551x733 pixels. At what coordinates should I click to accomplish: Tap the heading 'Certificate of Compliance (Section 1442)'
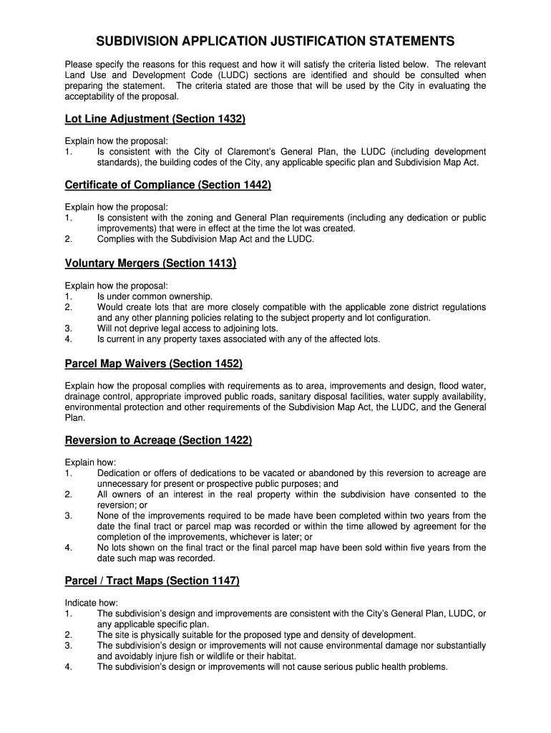[168, 185]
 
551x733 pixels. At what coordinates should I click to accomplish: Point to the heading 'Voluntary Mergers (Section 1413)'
[150, 263]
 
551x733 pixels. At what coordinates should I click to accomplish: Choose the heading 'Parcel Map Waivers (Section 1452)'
[154, 364]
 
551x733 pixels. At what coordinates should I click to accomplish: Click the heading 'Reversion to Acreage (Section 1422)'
[158, 440]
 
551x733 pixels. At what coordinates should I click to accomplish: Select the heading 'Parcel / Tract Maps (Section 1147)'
[152, 581]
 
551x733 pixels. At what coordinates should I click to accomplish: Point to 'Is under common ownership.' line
[155, 296]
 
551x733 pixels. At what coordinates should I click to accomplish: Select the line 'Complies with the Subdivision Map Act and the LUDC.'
[205, 239]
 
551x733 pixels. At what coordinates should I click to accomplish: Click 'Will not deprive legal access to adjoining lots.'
[187, 329]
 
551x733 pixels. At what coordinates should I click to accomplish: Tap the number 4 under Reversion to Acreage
[68, 548]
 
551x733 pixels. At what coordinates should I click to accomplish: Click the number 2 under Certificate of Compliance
[68, 239]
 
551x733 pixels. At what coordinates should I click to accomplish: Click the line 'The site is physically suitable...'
[256, 635]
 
